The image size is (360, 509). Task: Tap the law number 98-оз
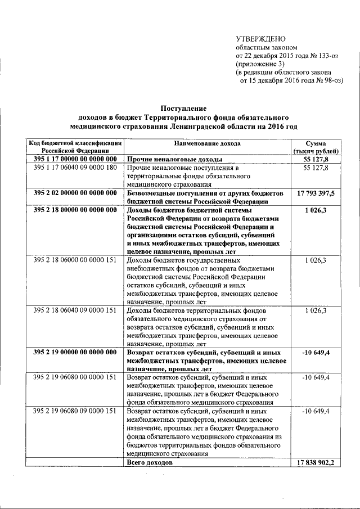tap(329, 80)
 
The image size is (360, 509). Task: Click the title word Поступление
tap(184, 108)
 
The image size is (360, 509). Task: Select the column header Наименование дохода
tap(206, 143)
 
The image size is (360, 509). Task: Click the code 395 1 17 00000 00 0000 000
tap(75, 159)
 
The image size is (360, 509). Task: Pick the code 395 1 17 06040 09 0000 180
tap(75, 168)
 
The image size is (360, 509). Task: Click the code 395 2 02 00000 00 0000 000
tap(75, 193)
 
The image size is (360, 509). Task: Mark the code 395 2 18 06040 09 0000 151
tap(75, 310)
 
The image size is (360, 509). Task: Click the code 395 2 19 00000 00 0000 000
tap(75, 352)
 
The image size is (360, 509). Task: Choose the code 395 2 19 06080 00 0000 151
tap(75, 377)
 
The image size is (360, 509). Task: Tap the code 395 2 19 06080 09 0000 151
tap(75, 412)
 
